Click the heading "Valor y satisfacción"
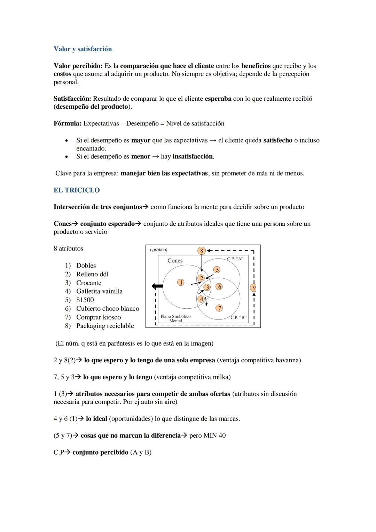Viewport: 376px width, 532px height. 83,49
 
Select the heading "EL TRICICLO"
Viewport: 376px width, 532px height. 77,190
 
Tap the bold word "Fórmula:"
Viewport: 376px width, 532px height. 68,123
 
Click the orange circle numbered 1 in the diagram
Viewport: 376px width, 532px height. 181,282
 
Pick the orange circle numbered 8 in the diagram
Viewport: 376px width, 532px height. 201,250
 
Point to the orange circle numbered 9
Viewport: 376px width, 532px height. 254,287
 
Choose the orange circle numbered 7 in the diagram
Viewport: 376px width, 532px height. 219,308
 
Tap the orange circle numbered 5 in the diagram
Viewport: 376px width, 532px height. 217,270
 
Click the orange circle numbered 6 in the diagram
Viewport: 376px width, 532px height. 219,287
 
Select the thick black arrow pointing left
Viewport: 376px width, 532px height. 157,286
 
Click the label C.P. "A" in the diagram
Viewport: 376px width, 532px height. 235,259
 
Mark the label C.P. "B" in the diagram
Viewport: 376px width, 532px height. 238,317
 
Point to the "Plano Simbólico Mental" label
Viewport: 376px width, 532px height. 175,318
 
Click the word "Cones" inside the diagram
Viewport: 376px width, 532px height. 175,261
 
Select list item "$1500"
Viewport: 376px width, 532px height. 85,300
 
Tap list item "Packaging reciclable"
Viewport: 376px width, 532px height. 105,326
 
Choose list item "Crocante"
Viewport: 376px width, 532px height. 89,283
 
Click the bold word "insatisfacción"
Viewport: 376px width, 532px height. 193,156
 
